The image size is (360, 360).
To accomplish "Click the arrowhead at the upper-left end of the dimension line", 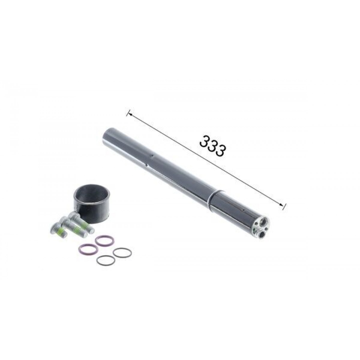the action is (130, 114).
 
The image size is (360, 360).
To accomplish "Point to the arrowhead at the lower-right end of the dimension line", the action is (281, 205).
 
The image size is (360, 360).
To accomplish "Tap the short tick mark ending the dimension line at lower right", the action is (284, 207).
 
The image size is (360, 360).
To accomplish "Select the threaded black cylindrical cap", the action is (92, 208).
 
